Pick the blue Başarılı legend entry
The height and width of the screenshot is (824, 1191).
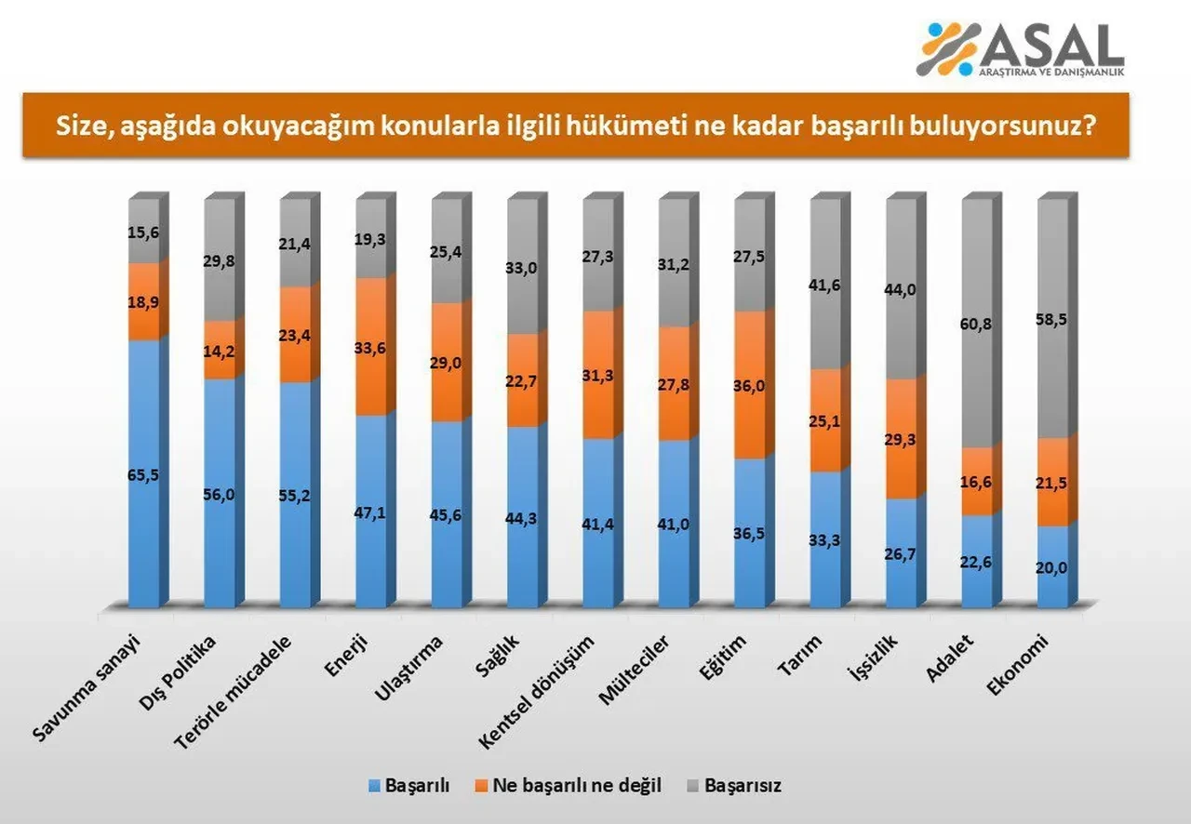point(409,785)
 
